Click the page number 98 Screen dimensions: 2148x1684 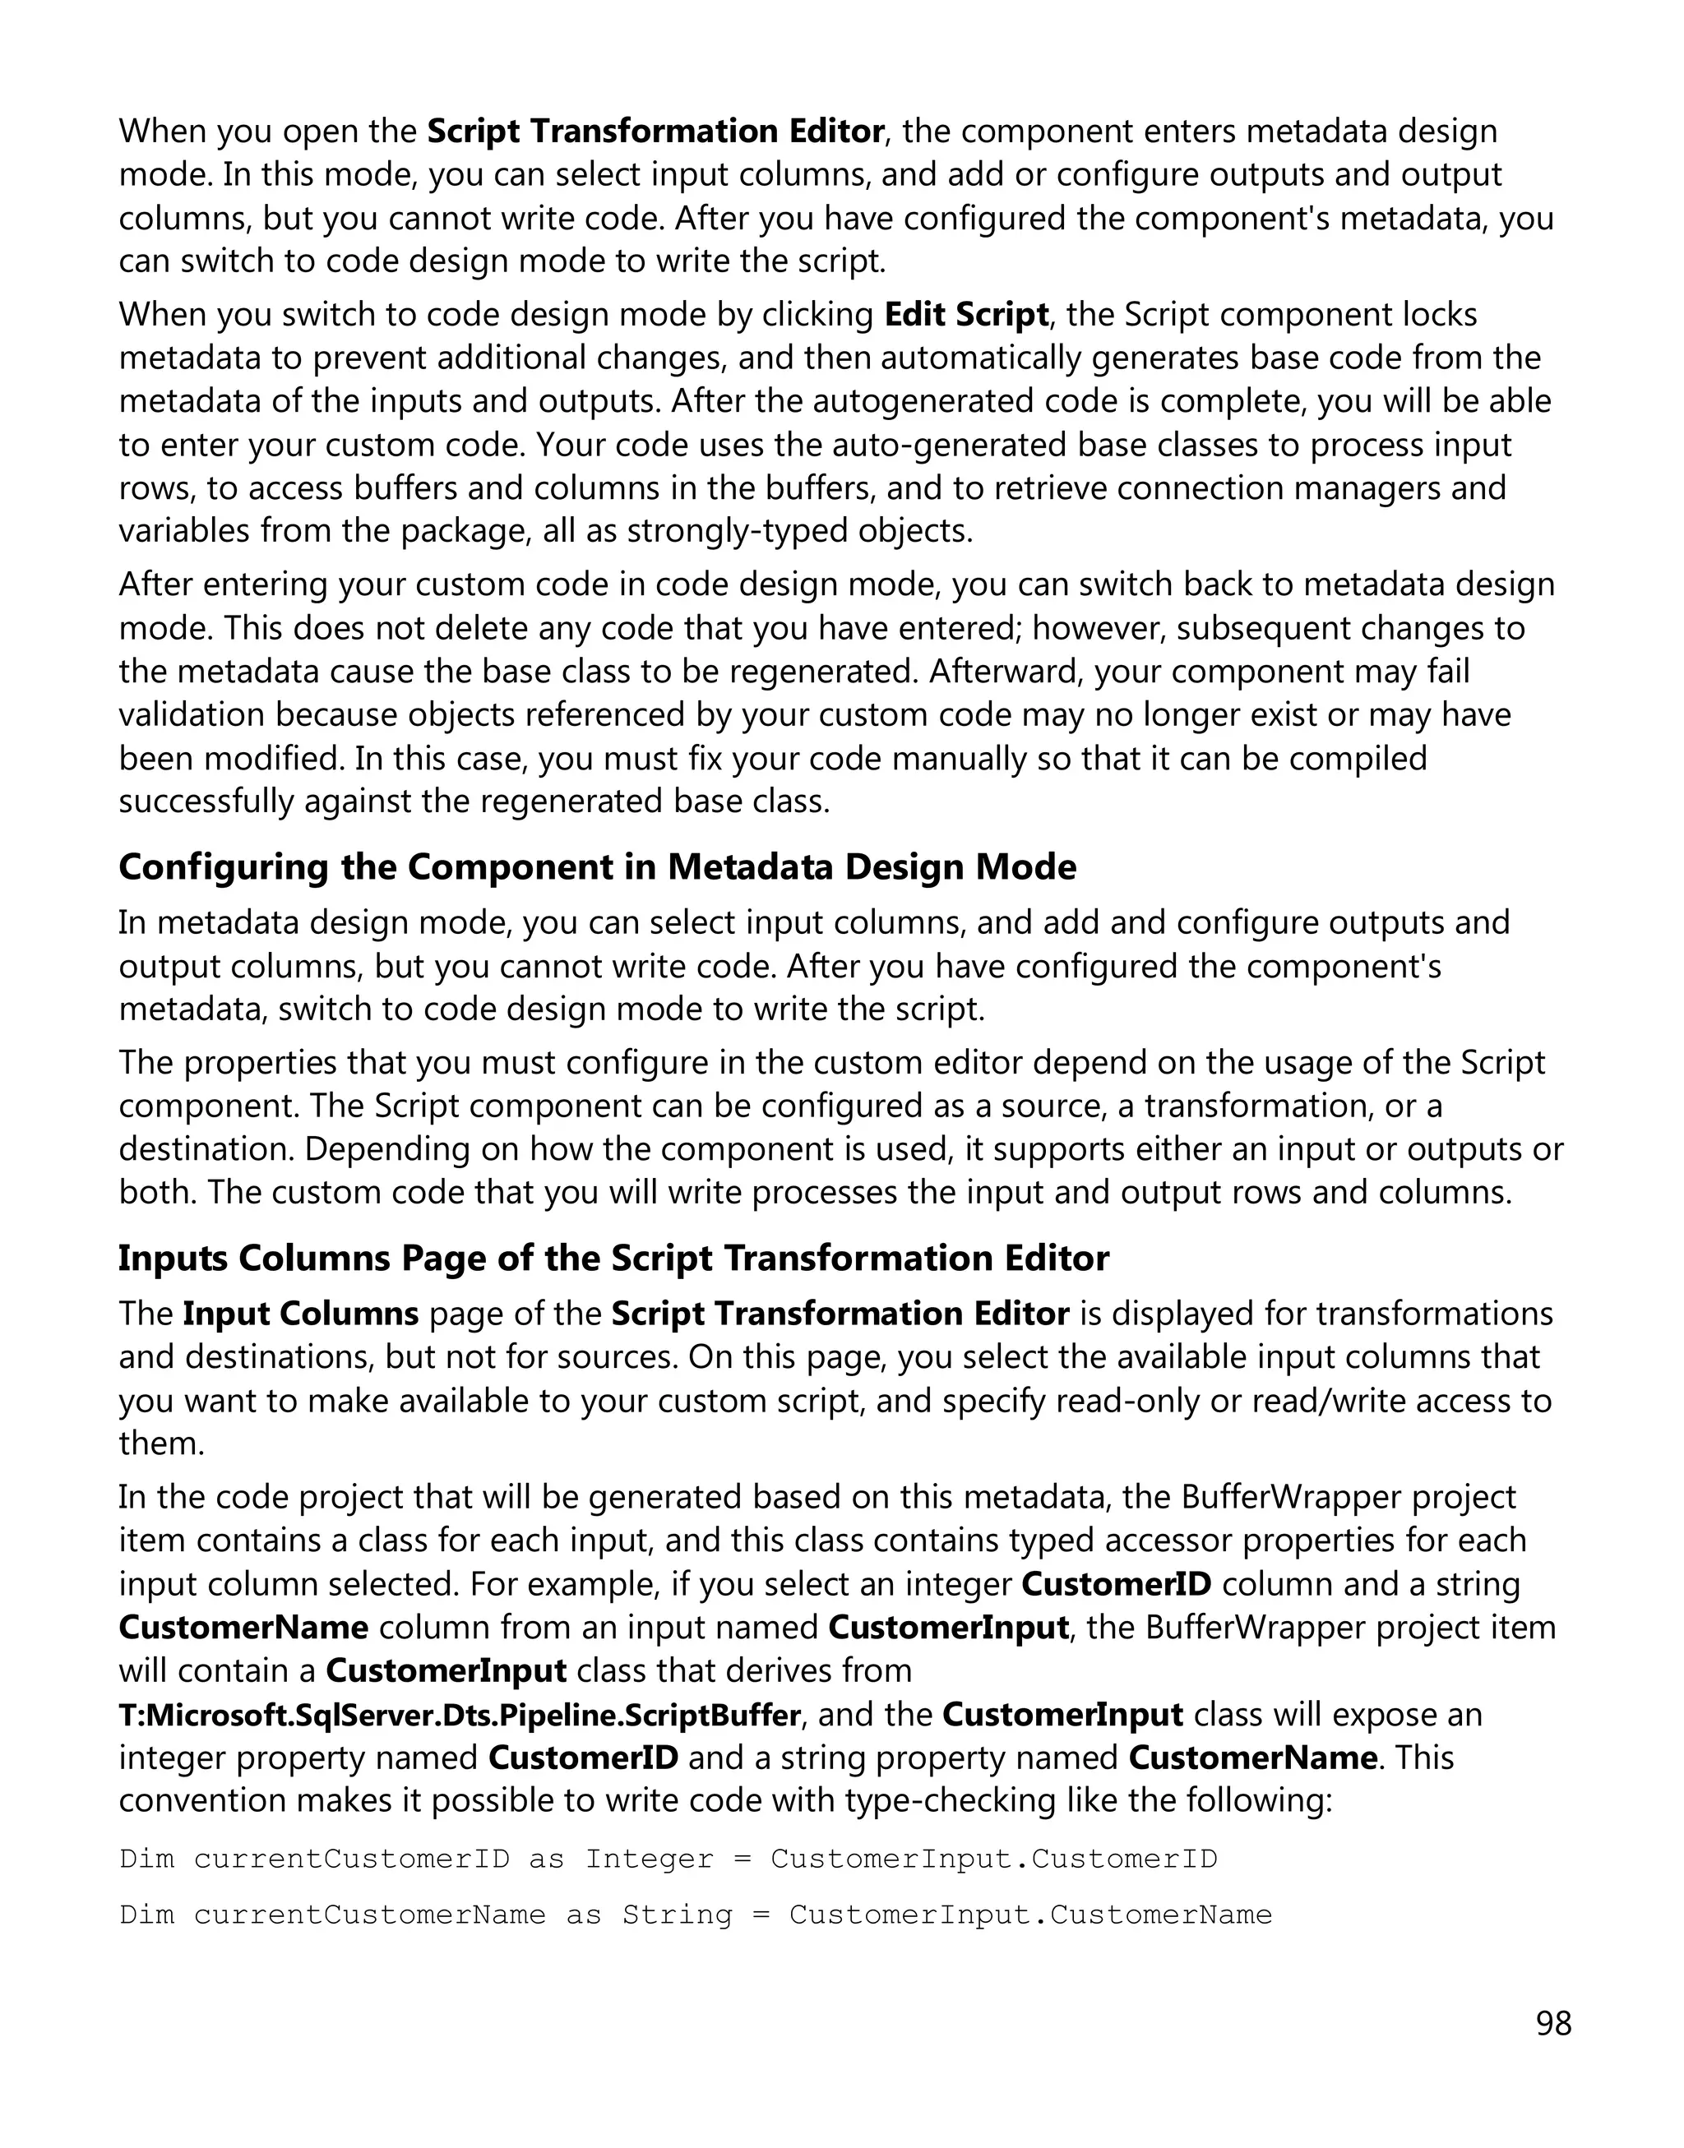click(1554, 2023)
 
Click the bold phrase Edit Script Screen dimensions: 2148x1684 click(966, 316)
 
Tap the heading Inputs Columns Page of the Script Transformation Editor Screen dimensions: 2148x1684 click(613, 1259)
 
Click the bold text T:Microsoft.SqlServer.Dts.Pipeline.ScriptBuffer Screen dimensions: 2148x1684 click(460, 1716)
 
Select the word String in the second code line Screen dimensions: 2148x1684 click(678, 1915)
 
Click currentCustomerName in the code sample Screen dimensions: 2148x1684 click(370, 1915)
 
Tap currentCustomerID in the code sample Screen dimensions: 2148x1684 click(352, 1859)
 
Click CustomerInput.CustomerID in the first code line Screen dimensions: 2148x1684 click(994, 1859)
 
